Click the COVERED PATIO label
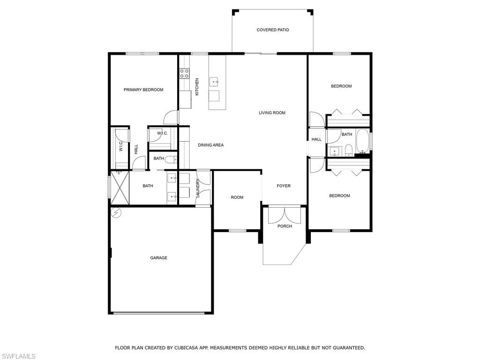[x=272, y=30]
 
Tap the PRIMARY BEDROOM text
[x=143, y=90]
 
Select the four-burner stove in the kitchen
[x=185, y=73]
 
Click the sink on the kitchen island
[x=214, y=82]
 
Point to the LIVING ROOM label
[x=272, y=112]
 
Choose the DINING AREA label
[x=210, y=145]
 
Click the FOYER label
[x=284, y=186]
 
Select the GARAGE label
[x=158, y=258]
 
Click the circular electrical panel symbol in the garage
[x=116, y=213]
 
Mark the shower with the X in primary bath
[x=120, y=188]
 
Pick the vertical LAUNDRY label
[x=198, y=188]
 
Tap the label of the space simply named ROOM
[x=237, y=197]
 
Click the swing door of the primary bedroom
[x=172, y=117]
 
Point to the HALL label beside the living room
[x=317, y=139]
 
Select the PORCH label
[x=285, y=226]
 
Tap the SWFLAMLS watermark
[x=18, y=356]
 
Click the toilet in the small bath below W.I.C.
[x=171, y=159]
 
